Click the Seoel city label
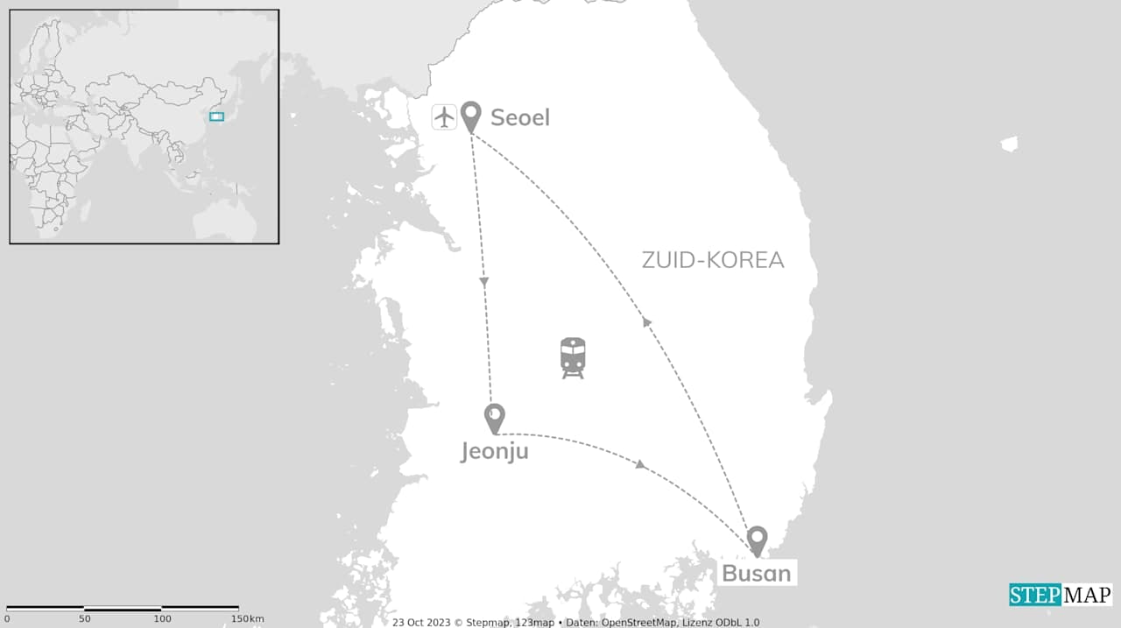tap(520, 117)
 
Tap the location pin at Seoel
tap(471, 115)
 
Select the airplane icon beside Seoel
tap(445, 116)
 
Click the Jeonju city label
tap(495, 451)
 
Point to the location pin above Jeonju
tap(495, 417)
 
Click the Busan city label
tap(756, 574)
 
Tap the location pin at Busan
tap(757, 539)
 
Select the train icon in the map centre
tap(573, 357)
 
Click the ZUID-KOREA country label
tap(713, 260)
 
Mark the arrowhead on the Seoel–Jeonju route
tap(484, 282)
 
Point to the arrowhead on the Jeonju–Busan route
tap(641, 464)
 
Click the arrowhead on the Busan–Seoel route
tap(647, 321)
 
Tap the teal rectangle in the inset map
tap(216, 116)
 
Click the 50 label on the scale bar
tap(84, 619)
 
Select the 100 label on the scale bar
tap(162, 619)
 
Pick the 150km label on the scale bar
tap(247, 619)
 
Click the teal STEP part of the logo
tap(1035, 596)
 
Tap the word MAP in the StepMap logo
tap(1087, 596)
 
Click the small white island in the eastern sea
tap(1010, 144)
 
